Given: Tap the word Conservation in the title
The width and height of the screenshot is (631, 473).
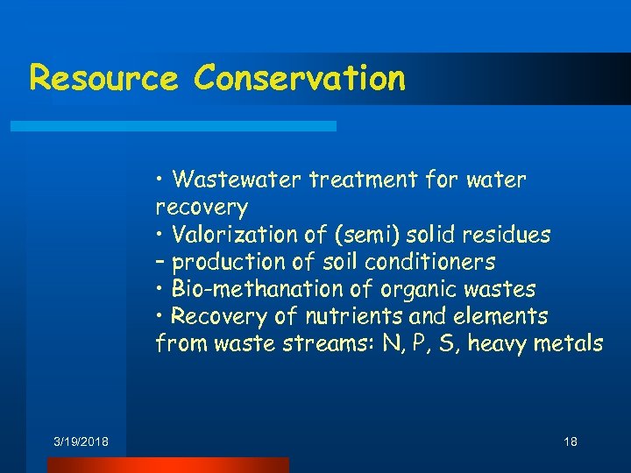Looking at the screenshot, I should coord(300,78).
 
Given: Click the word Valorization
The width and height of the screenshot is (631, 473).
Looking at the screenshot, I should coord(230,235).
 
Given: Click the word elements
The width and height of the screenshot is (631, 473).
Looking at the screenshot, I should coord(508,316).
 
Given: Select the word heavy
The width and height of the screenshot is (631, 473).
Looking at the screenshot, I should coord(499,343).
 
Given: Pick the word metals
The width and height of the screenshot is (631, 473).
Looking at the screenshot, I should coord(571,343).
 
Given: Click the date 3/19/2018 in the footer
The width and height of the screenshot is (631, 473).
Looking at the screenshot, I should coord(81,442).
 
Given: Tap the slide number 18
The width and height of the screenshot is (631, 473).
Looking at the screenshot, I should coord(571,442).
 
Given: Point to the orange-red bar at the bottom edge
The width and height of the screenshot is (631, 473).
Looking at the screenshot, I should coord(167,465).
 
